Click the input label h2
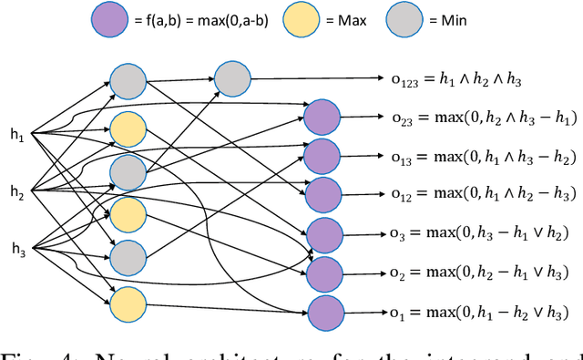click(16, 190)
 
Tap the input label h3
click(16, 247)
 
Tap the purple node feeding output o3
click(322, 234)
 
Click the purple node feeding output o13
click(321, 155)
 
